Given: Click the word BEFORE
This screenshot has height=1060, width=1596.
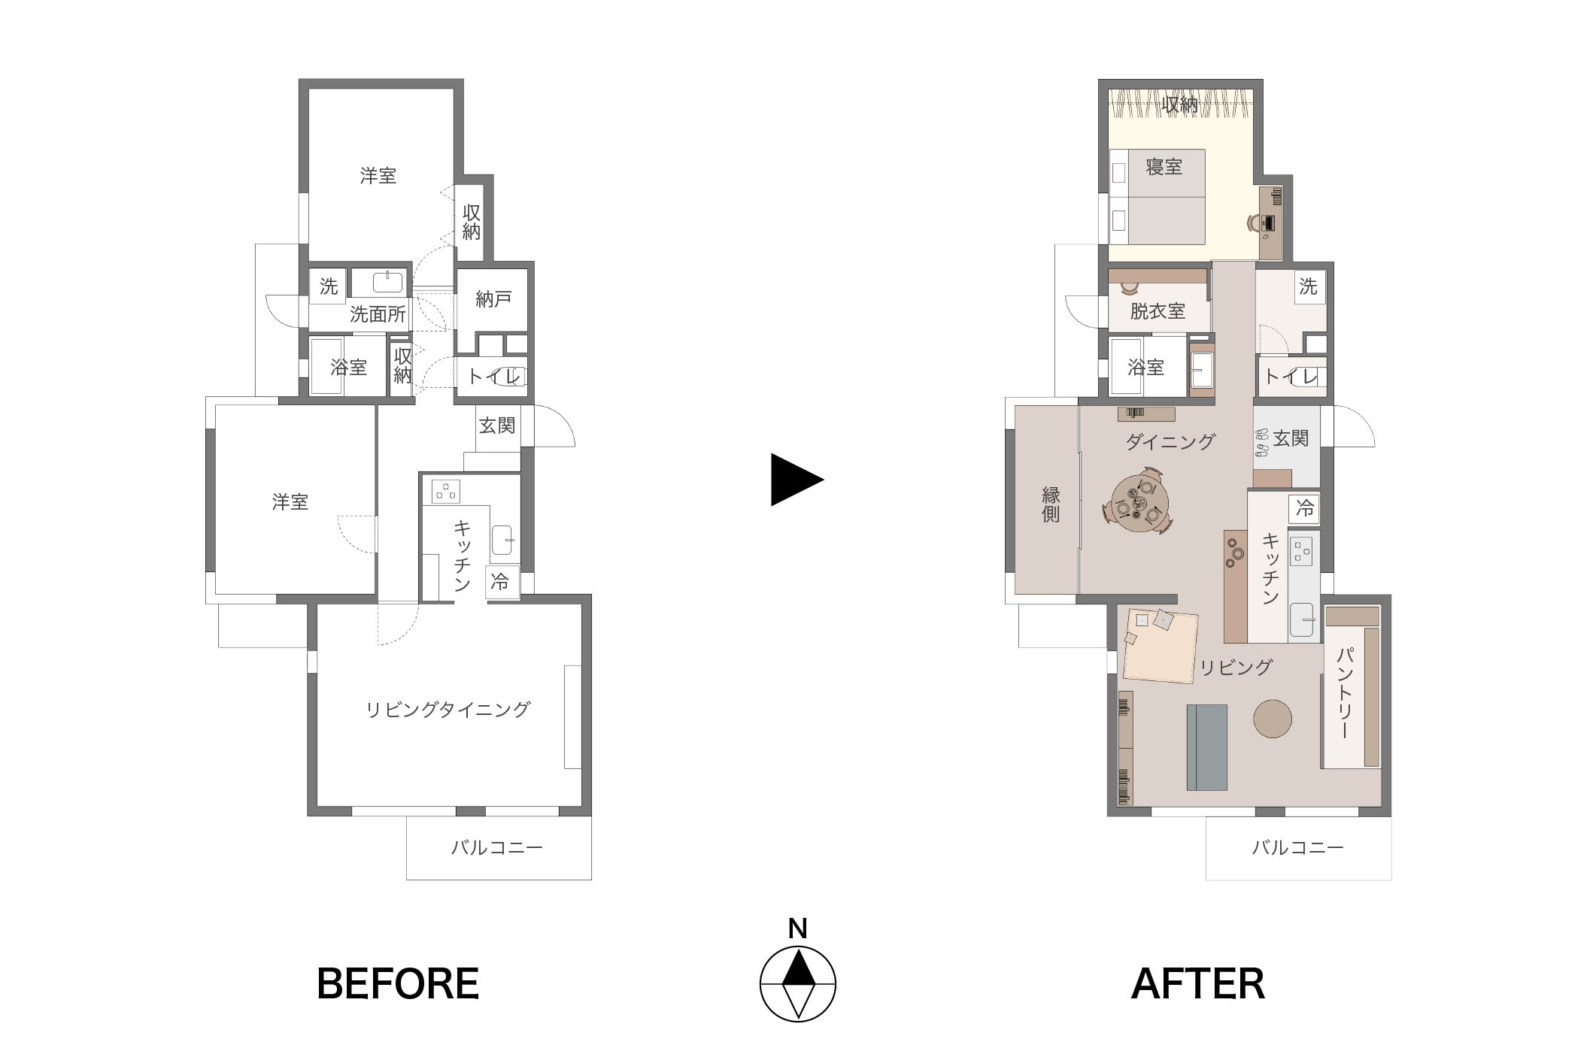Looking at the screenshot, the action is pos(398,983).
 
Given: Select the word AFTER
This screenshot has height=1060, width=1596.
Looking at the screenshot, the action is pos(1198,983).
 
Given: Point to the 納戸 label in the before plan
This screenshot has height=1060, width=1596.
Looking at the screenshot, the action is pos(493,299).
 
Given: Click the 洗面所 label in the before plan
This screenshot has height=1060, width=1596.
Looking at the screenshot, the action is pos(378,314).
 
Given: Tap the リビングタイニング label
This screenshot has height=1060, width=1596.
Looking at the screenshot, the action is pos(448,709).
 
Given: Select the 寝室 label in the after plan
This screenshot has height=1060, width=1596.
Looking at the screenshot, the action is pos(1164,166).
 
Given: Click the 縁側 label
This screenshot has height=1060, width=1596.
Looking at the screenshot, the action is pos(1051,504).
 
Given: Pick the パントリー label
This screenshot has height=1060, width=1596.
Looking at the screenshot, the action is pos(1345,692).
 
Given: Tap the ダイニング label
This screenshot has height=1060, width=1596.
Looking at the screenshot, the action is pos(1170,441).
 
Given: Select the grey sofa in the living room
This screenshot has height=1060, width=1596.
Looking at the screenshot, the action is pos(1206,747).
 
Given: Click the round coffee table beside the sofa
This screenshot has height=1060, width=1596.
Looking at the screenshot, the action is pos(1273,719).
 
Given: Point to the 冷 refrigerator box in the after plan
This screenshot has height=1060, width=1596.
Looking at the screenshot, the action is pos(1304,508).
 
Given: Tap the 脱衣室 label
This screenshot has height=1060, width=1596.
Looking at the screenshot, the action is pos(1158,310).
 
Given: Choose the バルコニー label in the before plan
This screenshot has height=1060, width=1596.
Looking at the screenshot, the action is pos(496,848).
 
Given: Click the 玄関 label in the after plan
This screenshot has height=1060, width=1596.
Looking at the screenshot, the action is pos(1291,438).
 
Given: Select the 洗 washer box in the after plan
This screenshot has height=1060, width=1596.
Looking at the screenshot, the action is pos(1309,286).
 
